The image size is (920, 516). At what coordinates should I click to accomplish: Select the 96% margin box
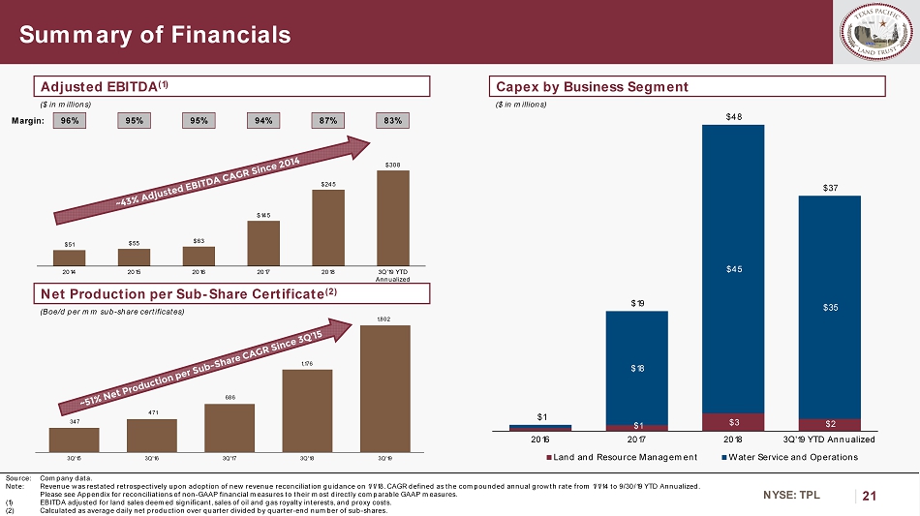pyautogui.click(x=69, y=121)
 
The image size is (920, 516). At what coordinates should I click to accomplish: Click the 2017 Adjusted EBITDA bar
pyautogui.click(x=263, y=242)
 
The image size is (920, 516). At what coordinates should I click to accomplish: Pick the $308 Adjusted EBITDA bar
pyautogui.click(x=392, y=217)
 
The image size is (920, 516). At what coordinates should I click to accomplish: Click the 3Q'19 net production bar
pyautogui.click(x=384, y=388)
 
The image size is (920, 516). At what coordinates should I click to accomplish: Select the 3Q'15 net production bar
pyautogui.click(x=75, y=440)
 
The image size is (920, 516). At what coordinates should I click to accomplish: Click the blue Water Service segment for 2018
pyautogui.click(x=733, y=268)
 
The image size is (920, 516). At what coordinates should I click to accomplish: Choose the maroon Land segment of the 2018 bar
pyautogui.click(x=733, y=422)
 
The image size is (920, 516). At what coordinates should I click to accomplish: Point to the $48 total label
pyautogui.click(x=733, y=116)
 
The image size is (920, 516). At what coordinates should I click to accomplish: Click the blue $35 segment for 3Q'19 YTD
pyautogui.click(x=830, y=307)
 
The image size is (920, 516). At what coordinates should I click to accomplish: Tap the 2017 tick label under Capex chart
pyautogui.click(x=636, y=440)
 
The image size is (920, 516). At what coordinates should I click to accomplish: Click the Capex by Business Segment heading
pyautogui.click(x=592, y=87)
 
